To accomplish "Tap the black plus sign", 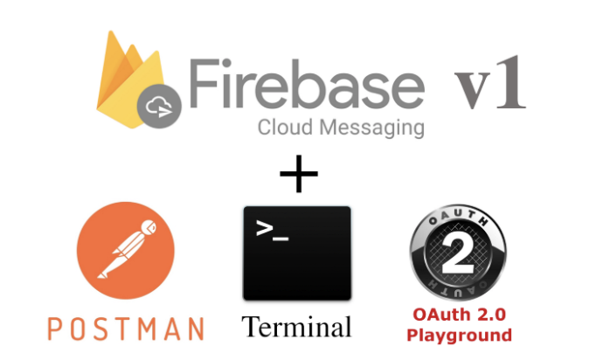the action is click(x=299, y=175).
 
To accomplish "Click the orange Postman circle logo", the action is click(x=126, y=253).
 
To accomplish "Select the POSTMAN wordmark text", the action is click(x=126, y=329).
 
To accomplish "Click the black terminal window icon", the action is click(x=297, y=253).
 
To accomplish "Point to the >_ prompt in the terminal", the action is click(x=272, y=231).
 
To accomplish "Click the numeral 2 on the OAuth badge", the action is click(x=457, y=253).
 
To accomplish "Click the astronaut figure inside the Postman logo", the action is click(x=128, y=251).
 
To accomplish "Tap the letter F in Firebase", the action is click(x=203, y=85).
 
